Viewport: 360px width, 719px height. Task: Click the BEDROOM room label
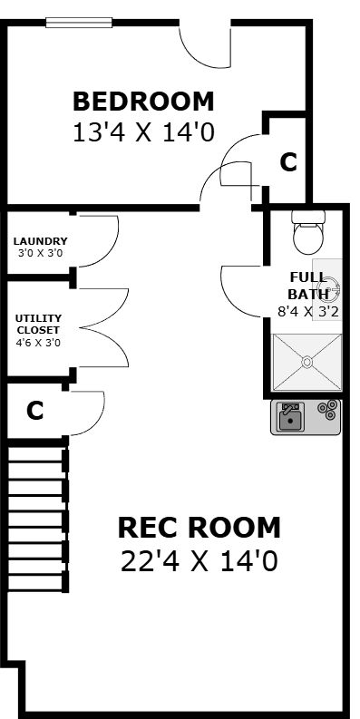click(143, 102)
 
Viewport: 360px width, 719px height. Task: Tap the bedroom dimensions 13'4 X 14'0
click(143, 133)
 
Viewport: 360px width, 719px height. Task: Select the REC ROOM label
click(199, 528)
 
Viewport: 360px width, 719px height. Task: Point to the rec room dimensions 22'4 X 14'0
click(199, 561)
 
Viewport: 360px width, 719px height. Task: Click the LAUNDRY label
click(41, 241)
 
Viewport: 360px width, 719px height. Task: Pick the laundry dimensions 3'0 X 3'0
click(41, 253)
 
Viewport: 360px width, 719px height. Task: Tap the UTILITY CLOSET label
click(38, 324)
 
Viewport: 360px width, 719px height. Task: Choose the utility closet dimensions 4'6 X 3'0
click(38, 343)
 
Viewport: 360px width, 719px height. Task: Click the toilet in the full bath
click(308, 231)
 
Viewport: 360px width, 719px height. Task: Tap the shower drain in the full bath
click(307, 362)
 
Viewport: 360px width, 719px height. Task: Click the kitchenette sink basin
click(290, 419)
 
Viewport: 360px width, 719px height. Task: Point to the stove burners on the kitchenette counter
click(329, 409)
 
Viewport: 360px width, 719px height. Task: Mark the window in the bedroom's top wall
click(79, 23)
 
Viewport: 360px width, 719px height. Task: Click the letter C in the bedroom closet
click(288, 162)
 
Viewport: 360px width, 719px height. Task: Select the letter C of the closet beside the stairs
click(34, 411)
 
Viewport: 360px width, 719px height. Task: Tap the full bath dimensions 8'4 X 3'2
click(308, 312)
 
